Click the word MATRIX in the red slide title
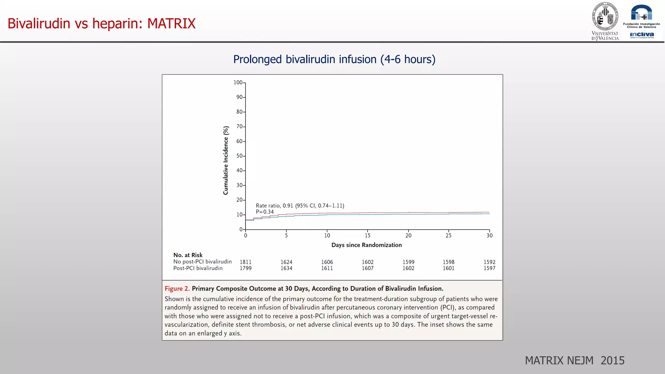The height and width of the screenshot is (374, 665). pos(171,23)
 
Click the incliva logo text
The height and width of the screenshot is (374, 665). pos(642,34)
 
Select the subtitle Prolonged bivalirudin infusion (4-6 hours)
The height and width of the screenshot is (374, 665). pos(334,59)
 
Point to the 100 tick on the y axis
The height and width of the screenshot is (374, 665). pos(238,82)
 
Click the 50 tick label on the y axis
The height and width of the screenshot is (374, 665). pos(240,156)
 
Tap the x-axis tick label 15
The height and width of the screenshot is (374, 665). pos(368,236)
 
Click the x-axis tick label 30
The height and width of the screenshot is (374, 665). pos(489,236)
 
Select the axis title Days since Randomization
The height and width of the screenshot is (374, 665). pos(366,245)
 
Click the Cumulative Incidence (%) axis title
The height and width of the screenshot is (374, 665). pos(226,160)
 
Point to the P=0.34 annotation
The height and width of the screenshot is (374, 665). pos(265,212)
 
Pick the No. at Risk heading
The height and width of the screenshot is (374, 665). pos(188,255)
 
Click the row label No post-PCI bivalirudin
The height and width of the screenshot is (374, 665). pos(202,262)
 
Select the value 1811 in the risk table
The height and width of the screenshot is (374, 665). pos(245,262)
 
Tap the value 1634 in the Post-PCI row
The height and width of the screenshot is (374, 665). pos(286,268)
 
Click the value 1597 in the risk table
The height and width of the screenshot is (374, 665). pos(489,268)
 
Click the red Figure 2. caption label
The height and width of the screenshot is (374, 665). pos(177,289)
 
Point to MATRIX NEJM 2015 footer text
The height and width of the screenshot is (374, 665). pos(574,360)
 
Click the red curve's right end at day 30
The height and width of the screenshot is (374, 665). pos(489,212)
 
